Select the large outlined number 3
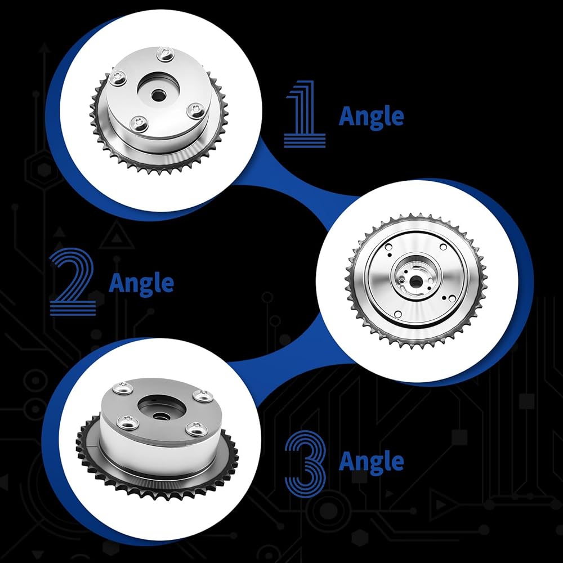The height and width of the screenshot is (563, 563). (x=306, y=463)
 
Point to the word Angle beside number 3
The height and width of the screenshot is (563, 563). (x=371, y=462)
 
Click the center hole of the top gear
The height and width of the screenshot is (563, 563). (x=157, y=96)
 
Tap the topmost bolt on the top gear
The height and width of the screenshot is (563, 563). (x=165, y=55)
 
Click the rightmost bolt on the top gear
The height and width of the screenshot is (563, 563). (x=196, y=110)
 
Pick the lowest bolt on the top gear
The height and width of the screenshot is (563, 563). (x=139, y=124)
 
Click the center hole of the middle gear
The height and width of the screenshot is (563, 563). (x=415, y=282)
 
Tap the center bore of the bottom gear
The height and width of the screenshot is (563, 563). (x=160, y=416)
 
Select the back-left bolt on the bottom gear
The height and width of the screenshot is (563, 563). (x=122, y=388)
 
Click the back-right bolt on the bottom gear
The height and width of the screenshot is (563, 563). (x=203, y=396)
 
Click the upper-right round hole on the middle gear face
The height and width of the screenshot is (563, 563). (x=443, y=247)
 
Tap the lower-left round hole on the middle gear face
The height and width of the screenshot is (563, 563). (x=398, y=315)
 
